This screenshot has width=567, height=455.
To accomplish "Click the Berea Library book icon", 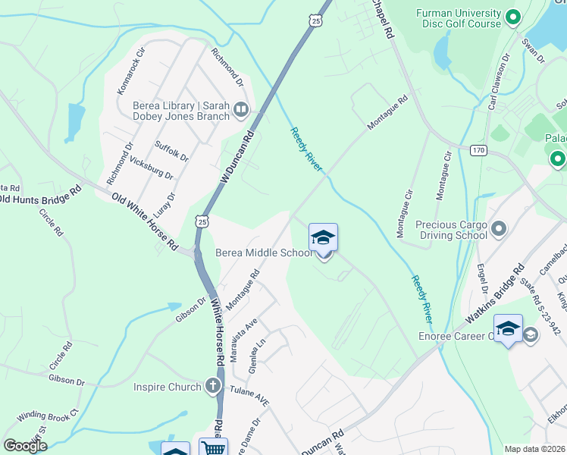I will click(x=241, y=111).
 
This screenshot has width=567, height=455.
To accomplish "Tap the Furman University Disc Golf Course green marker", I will click(x=512, y=16).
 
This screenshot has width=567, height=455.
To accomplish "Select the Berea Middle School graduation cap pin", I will click(x=323, y=240).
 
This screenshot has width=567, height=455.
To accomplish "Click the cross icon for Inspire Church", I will click(x=213, y=387).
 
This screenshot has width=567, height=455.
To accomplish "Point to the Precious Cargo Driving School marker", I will click(x=499, y=228).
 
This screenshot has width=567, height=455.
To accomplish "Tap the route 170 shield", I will click(x=478, y=150).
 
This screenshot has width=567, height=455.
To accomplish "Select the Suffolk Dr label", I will click(x=172, y=150).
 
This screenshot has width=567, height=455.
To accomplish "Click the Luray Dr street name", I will click(x=164, y=206).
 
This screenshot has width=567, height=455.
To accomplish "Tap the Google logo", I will click(x=25, y=446).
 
